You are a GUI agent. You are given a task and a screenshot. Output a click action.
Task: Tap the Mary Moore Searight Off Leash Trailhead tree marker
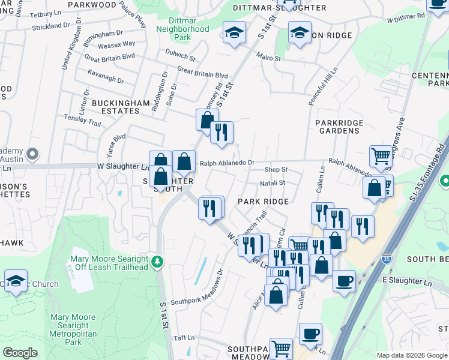157,261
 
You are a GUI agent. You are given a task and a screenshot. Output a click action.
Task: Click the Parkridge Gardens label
340,127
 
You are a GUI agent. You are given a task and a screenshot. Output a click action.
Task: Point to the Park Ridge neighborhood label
264,201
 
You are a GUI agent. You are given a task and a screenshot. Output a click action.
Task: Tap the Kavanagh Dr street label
105,80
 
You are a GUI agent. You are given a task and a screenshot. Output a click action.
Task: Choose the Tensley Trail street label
83,120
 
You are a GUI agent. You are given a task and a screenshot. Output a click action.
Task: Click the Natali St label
272,183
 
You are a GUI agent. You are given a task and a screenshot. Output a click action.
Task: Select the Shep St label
276,170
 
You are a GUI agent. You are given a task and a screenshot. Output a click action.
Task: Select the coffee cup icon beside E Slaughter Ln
345,281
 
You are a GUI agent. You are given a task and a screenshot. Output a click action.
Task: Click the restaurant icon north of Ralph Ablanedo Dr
221,132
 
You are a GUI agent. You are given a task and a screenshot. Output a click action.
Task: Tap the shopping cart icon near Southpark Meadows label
281,347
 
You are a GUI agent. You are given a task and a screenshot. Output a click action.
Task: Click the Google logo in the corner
20,353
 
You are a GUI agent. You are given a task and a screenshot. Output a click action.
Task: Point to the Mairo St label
269,58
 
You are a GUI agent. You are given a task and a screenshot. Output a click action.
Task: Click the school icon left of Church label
16,280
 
